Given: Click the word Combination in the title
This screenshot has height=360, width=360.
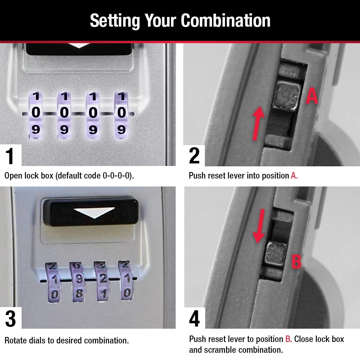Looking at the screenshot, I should pos(226,21).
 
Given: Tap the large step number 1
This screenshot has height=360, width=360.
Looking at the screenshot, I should pos(10,156).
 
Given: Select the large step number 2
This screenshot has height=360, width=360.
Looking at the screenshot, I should pos(194,156).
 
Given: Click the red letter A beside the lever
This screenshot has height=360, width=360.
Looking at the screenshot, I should pos(312,96).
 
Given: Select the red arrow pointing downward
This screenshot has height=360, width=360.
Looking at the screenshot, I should pos(259,225).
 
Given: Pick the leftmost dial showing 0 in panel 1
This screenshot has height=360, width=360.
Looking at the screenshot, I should pos(36,113).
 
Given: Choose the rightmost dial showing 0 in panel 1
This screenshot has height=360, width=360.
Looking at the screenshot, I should pos(122,113).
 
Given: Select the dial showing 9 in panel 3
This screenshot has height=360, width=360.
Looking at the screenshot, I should pos(80,279).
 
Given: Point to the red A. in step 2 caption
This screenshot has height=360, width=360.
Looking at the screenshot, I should pos(294,176).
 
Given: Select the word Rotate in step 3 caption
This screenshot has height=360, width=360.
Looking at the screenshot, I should pos(14,340).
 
